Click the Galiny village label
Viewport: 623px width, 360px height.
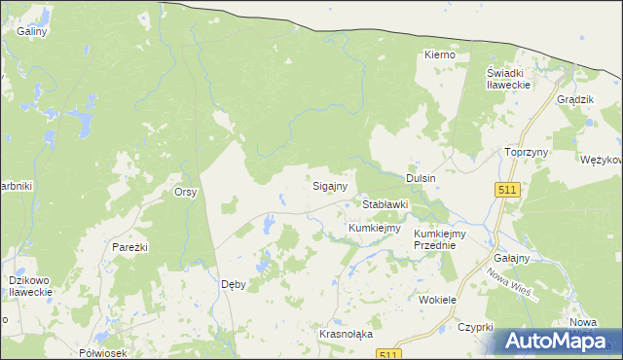pyautogui.click(x=32, y=31)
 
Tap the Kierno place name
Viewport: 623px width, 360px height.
pyautogui.click(x=440, y=55)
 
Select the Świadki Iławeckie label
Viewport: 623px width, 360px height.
pyautogui.click(x=508, y=79)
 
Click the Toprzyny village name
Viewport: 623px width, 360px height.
pyautogui.click(x=528, y=153)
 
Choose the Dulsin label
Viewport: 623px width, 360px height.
pyautogui.click(x=421, y=178)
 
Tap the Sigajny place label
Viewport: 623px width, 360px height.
pyautogui.click(x=330, y=184)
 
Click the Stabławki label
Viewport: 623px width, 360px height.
pyautogui.click(x=385, y=205)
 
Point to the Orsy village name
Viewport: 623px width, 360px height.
pyautogui.click(x=186, y=192)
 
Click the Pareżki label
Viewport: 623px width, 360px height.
pyautogui.click(x=128, y=247)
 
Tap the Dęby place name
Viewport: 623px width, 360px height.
pyautogui.click(x=234, y=284)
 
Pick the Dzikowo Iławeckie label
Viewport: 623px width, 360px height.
pyautogui.click(x=29, y=286)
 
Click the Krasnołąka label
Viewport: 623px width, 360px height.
pyautogui.click(x=347, y=334)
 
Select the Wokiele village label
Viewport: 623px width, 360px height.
pyautogui.click(x=437, y=301)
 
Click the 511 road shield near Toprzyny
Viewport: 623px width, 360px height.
pyautogui.click(x=506, y=190)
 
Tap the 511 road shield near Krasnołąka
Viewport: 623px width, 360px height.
pyautogui.click(x=389, y=354)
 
